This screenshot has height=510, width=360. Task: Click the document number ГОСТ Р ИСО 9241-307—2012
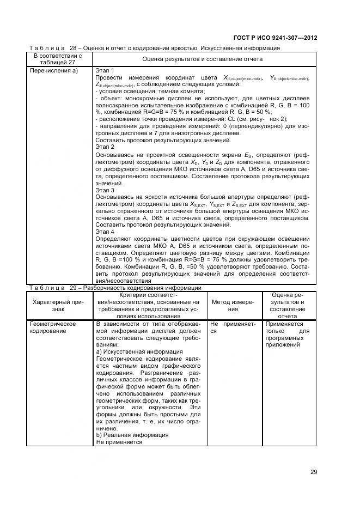coord(275,38)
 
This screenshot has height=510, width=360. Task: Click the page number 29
coord(313,472)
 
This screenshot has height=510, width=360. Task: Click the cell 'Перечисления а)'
coord(54,71)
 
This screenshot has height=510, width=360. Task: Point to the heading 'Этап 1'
coord(105,71)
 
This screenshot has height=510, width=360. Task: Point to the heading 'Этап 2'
coord(105,147)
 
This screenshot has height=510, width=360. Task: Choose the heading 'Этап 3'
coord(105,191)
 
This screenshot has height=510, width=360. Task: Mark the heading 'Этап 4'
coord(105,232)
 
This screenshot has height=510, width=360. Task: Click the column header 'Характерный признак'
coord(58,305)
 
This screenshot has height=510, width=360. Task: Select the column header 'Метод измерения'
coord(233,305)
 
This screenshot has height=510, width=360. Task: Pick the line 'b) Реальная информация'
coord(132,435)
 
